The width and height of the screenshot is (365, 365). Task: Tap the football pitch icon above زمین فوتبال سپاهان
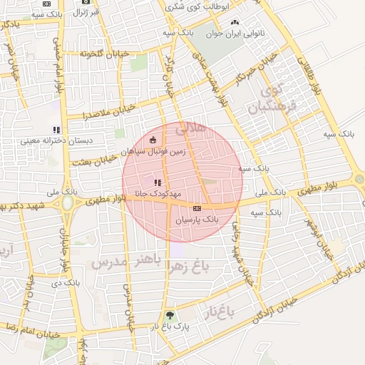(153, 140)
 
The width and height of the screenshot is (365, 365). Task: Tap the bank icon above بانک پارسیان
(197, 209)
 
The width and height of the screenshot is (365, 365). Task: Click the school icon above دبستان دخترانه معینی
(56, 130)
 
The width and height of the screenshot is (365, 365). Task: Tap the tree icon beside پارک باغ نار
(170, 314)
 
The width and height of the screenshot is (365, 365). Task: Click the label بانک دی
(71, 284)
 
